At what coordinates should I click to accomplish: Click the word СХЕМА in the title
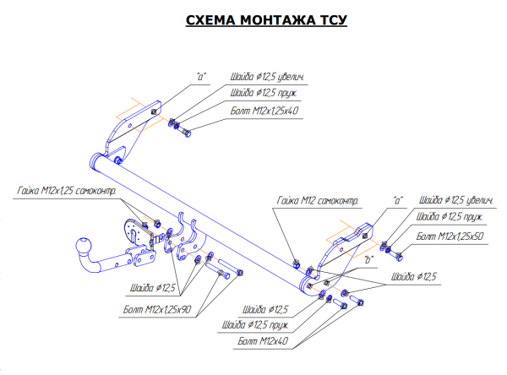coord(210,20)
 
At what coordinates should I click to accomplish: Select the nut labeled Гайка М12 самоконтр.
coord(296,259)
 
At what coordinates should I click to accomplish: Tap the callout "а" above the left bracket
coord(202,76)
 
